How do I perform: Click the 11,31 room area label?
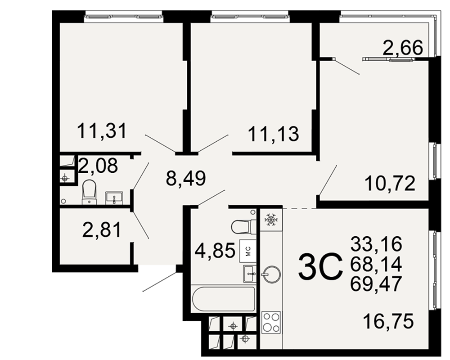tap(102, 131)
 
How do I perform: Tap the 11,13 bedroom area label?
tap(273, 134)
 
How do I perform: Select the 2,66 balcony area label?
tap(403, 48)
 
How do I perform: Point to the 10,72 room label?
tap(390, 184)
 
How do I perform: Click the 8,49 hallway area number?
tap(186, 178)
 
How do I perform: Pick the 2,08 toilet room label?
tap(98, 165)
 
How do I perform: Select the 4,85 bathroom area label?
tap(215, 250)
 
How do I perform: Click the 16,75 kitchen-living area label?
tap(388, 321)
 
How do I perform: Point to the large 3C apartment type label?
tap(320, 267)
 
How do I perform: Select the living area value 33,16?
tap(376, 244)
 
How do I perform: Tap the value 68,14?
tap(376, 264)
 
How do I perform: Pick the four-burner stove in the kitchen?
tap(271, 322)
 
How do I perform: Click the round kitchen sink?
tap(271, 275)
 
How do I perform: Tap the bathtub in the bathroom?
tap(223, 299)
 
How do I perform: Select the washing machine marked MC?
tap(247, 250)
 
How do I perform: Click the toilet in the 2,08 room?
tap(89, 192)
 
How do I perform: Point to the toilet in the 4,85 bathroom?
tap(243, 227)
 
